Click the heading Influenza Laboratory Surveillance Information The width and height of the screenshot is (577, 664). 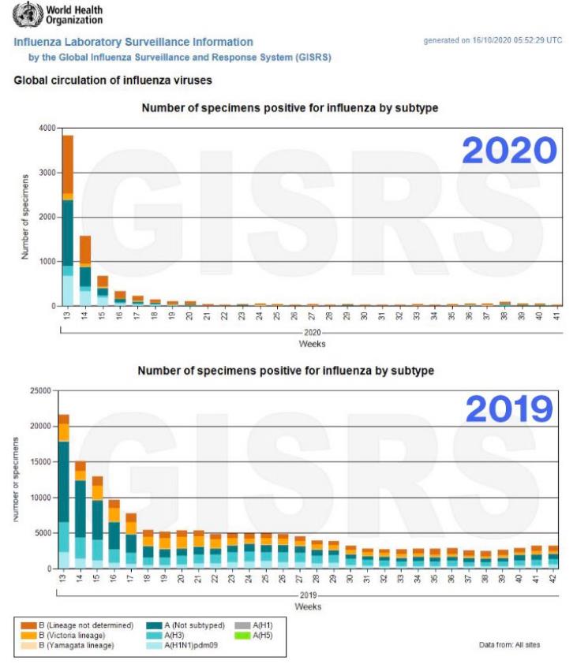(133, 43)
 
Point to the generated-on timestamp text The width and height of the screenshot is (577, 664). (493, 40)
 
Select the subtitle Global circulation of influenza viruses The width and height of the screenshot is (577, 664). (113, 80)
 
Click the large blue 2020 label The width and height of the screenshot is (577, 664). (509, 151)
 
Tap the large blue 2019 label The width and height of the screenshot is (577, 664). (509, 409)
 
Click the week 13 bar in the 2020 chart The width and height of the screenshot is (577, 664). (68, 221)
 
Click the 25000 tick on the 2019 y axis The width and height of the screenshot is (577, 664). (41, 390)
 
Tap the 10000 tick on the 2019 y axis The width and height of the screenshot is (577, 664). (41, 498)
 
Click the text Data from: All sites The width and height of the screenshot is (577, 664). (509, 645)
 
